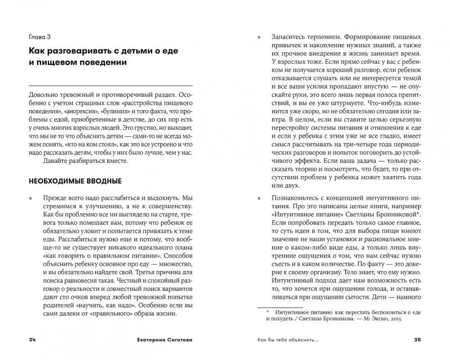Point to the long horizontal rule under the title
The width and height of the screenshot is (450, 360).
pyautogui.click(x=110, y=85)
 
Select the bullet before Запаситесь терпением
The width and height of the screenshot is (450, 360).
pyautogui.click(x=258, y=37)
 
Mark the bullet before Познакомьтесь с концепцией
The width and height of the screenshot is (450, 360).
pyautogui.click(x=258, y=198)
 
